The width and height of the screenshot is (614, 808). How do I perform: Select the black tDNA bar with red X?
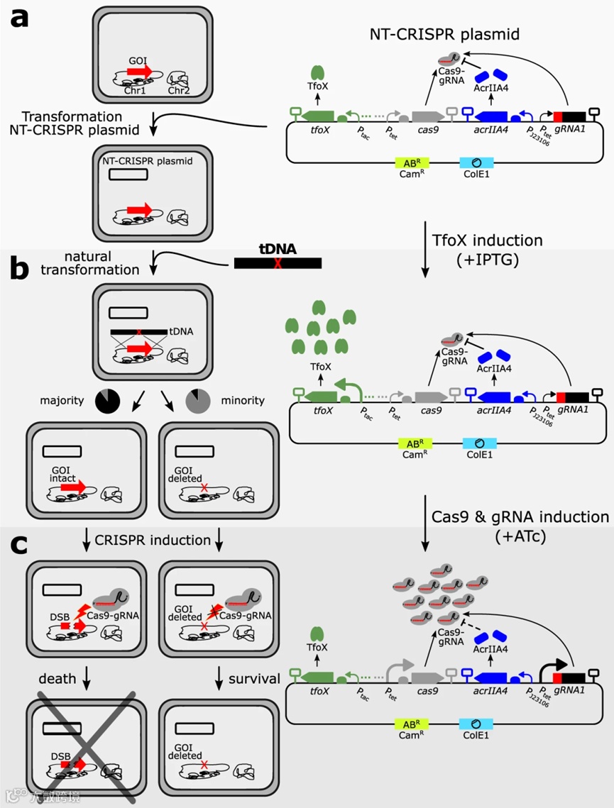click(x=278, y=263)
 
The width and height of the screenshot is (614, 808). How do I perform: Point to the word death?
click(x=56, y=679)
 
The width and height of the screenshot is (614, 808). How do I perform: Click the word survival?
click(x=254, y=679)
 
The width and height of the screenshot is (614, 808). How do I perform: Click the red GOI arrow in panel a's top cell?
click(x=140, y=72)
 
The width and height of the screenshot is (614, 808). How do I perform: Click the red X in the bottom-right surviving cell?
click(x=205, y=765)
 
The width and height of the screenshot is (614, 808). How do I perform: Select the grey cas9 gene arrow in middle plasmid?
click(x=431, y=397)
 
